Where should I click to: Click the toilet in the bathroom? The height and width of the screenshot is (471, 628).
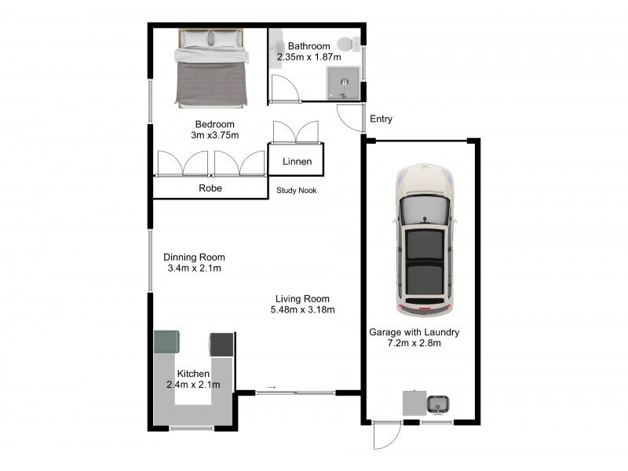point(346,44)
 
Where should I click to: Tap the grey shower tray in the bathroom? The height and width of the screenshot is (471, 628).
point(345,82)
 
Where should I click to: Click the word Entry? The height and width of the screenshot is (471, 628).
point(381,119)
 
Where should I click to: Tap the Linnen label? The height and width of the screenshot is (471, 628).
point(298,162)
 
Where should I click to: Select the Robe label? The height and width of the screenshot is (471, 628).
point(210,188)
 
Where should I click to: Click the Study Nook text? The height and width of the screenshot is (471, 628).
point(297,190)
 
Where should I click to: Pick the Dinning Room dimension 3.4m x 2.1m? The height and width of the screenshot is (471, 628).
point(194,268)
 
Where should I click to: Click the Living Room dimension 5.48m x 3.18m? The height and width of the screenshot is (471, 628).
point(302,309)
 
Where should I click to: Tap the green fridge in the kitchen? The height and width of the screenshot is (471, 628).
point(166,342)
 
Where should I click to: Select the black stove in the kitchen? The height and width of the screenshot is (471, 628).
point(221,344)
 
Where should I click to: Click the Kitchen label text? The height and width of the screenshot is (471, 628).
point(192,373)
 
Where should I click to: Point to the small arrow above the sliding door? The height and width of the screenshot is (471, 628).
point(272,386)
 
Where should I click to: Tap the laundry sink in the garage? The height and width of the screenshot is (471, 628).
point(437,404)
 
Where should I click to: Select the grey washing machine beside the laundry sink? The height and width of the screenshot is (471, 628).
point(414,403)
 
